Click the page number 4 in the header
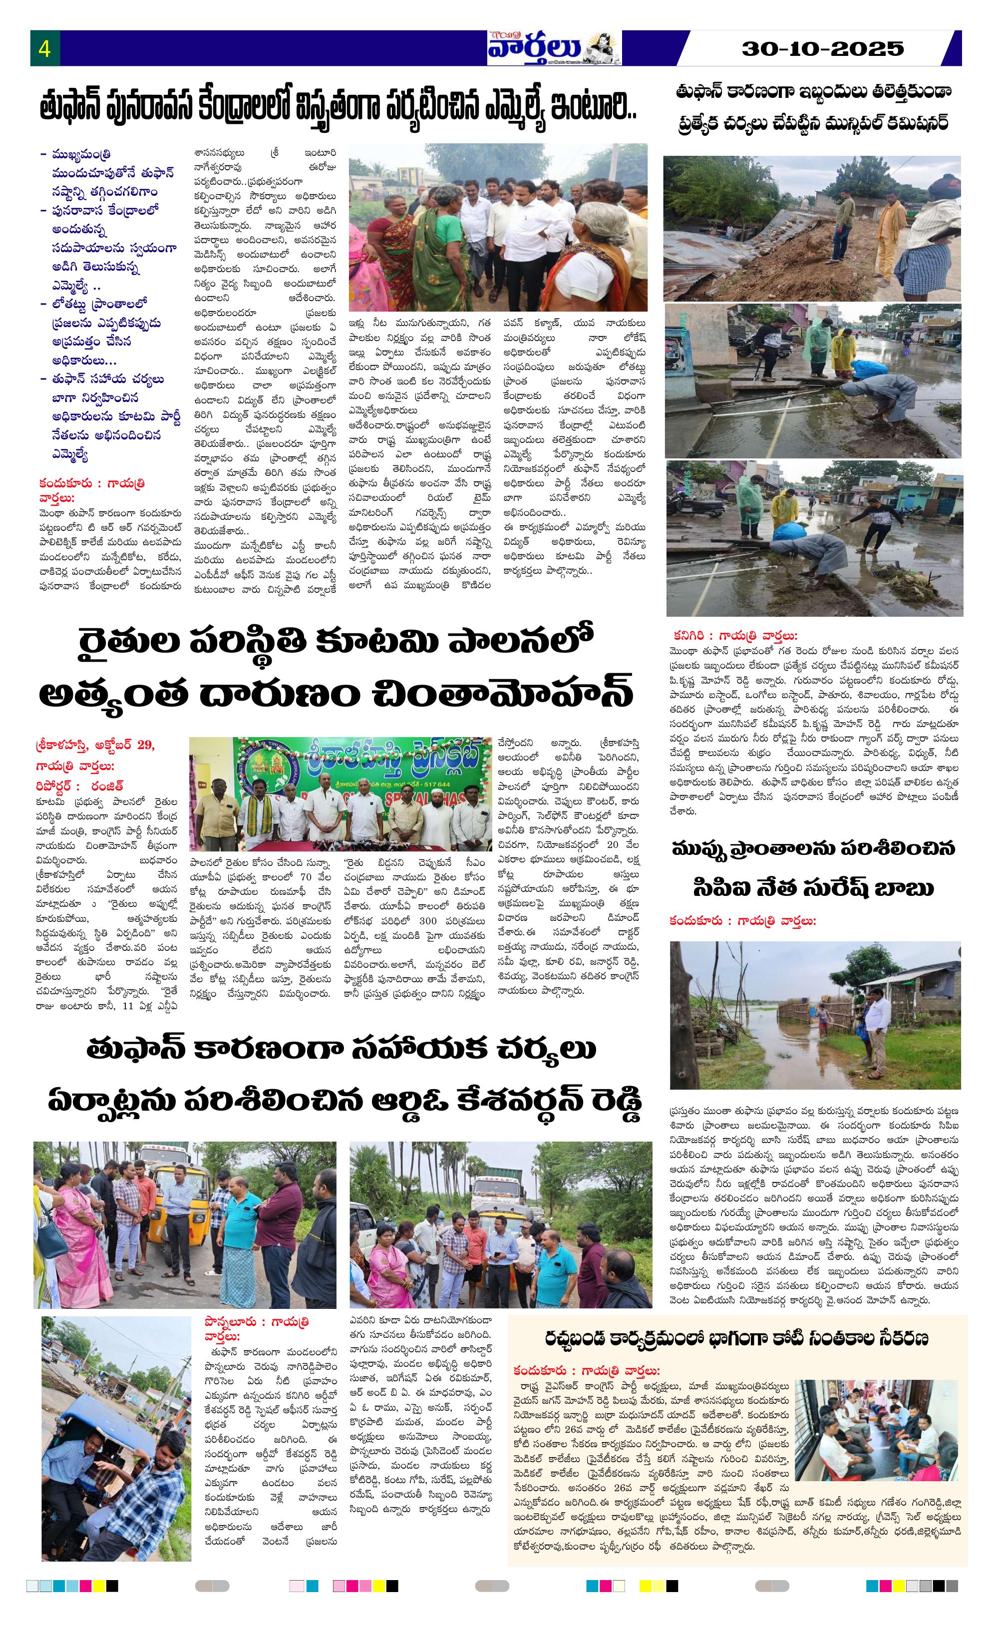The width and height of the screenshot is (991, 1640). pyautogui.click(x=44, y=48)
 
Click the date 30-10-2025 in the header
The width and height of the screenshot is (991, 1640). pyautogui.click(x=823, y=48)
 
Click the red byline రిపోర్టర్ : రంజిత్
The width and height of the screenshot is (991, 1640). pyautogui.click(x=80, y=786)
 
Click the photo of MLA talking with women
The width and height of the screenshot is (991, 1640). pyautogui.click(x=497, y=226)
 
